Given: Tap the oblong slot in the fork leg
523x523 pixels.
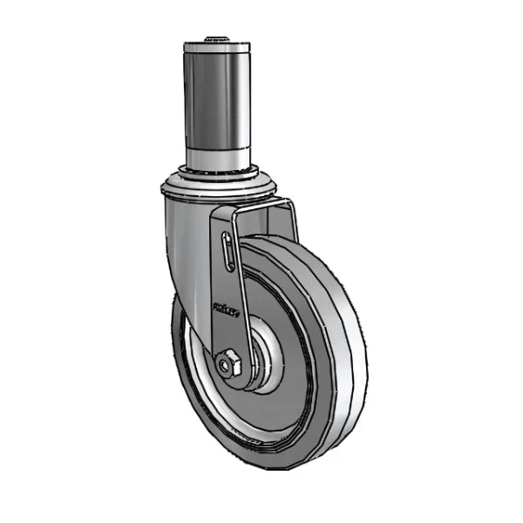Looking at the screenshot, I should click(228, 252).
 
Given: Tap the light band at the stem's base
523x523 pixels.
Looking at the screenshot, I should click(216, 156).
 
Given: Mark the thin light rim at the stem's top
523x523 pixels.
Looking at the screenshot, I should click(215, 45).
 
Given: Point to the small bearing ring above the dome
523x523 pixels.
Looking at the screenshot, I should click(217, 170).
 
